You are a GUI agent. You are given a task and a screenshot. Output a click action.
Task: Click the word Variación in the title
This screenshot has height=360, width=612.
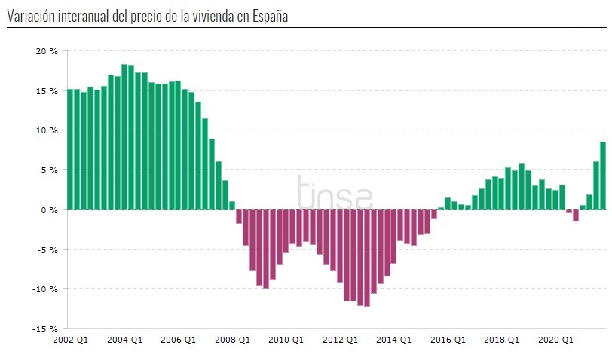click(x=32, y=17)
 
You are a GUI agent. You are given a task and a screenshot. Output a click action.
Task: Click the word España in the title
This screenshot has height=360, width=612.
click(x=268, y=17)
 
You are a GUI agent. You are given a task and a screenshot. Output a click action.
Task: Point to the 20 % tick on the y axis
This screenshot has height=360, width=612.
click(x=47, y=51)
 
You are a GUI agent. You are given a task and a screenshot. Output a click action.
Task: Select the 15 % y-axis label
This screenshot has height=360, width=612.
click(x=47, y=91)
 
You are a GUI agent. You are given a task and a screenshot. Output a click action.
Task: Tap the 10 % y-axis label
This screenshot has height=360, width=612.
click(x=47, y=130)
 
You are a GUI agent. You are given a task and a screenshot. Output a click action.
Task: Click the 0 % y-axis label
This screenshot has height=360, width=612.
click(x=49, y=209)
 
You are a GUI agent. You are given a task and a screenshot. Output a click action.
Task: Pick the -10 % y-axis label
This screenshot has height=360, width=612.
click(x=45, y=289)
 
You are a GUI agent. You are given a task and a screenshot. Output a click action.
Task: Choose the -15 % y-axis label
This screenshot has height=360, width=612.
click(x=45, y=328)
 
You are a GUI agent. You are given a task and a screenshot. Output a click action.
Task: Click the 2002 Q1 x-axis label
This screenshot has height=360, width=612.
click(x=70, y=340)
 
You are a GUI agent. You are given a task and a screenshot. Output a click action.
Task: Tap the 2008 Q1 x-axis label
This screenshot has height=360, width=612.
click(x=233, y=340)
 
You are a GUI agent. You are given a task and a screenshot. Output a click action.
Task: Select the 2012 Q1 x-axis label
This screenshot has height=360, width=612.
click(x=341, y=340)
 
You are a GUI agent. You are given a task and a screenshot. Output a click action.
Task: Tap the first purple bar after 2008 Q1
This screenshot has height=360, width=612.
click(x=239, y=216)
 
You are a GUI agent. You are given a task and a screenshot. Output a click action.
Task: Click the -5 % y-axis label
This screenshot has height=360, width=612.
click(x=47, y=249)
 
